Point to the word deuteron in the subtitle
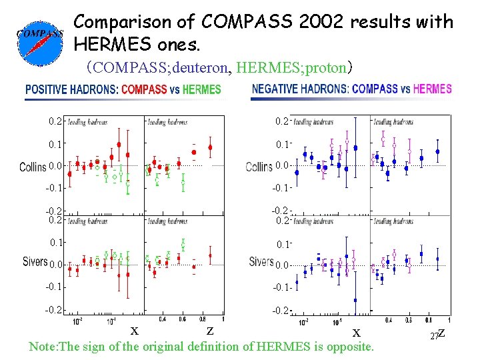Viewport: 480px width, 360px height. click(x=199, y=67)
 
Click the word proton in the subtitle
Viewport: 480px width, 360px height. click(x=328, y=67)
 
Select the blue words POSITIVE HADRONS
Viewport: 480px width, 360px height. click(x=71, y=89)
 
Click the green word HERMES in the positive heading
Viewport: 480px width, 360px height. click(x=201, y=89)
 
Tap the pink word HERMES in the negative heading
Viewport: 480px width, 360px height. click(x=432, y=89)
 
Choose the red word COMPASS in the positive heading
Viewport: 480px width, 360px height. click(x=144, y=89)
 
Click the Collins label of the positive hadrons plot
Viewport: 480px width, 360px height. click(x=32, y=167)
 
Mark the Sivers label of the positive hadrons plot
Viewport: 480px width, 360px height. click(x=35, y=262)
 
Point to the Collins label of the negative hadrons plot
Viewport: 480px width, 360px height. click(x=259, y=167)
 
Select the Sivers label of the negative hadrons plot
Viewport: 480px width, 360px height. click(x=261, y=262)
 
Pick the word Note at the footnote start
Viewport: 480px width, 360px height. click(x=41, y=347)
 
